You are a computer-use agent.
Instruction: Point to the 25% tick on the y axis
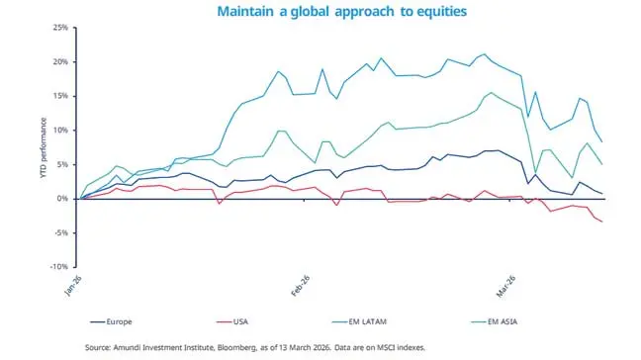(x=60, y=28)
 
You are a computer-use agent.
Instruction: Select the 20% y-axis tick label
(x=60, y=62)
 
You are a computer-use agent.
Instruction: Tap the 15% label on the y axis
(x=60, y=96)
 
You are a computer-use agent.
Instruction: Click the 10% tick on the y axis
(x=60, y=131)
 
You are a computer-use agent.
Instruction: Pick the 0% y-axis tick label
(x=63, y=199)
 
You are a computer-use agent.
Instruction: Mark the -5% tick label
(x=61, y=232)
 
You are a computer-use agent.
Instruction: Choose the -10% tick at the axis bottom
(x=59, y=267)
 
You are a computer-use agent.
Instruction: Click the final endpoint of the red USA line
(x=602, y=222)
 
